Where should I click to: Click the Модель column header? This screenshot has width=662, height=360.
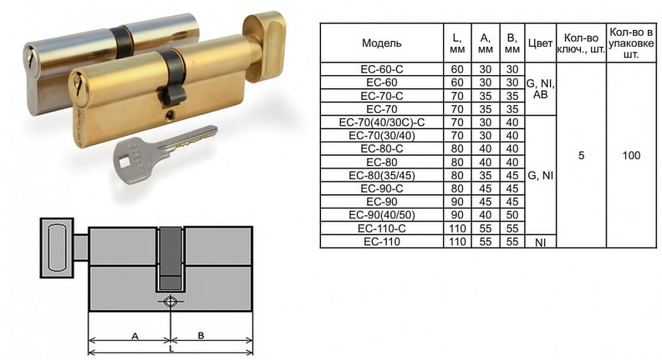[x=381, y=43]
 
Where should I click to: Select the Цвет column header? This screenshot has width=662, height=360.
[x=540, y=43]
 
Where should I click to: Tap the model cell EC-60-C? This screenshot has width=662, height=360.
[x=381, y=69]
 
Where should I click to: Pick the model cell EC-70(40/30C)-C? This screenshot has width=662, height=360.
[x=381, y=123]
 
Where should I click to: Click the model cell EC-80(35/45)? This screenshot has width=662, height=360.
[x=381, y=176]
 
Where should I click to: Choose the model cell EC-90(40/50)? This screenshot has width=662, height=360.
[x=381, y=215]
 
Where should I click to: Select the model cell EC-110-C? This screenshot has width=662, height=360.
[x=381, y=228]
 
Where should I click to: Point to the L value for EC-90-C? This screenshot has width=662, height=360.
[x=457, y=189]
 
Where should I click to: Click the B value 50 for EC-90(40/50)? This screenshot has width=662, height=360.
[x=512, y=215]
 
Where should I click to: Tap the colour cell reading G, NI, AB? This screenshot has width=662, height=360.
[x=540, y=89]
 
